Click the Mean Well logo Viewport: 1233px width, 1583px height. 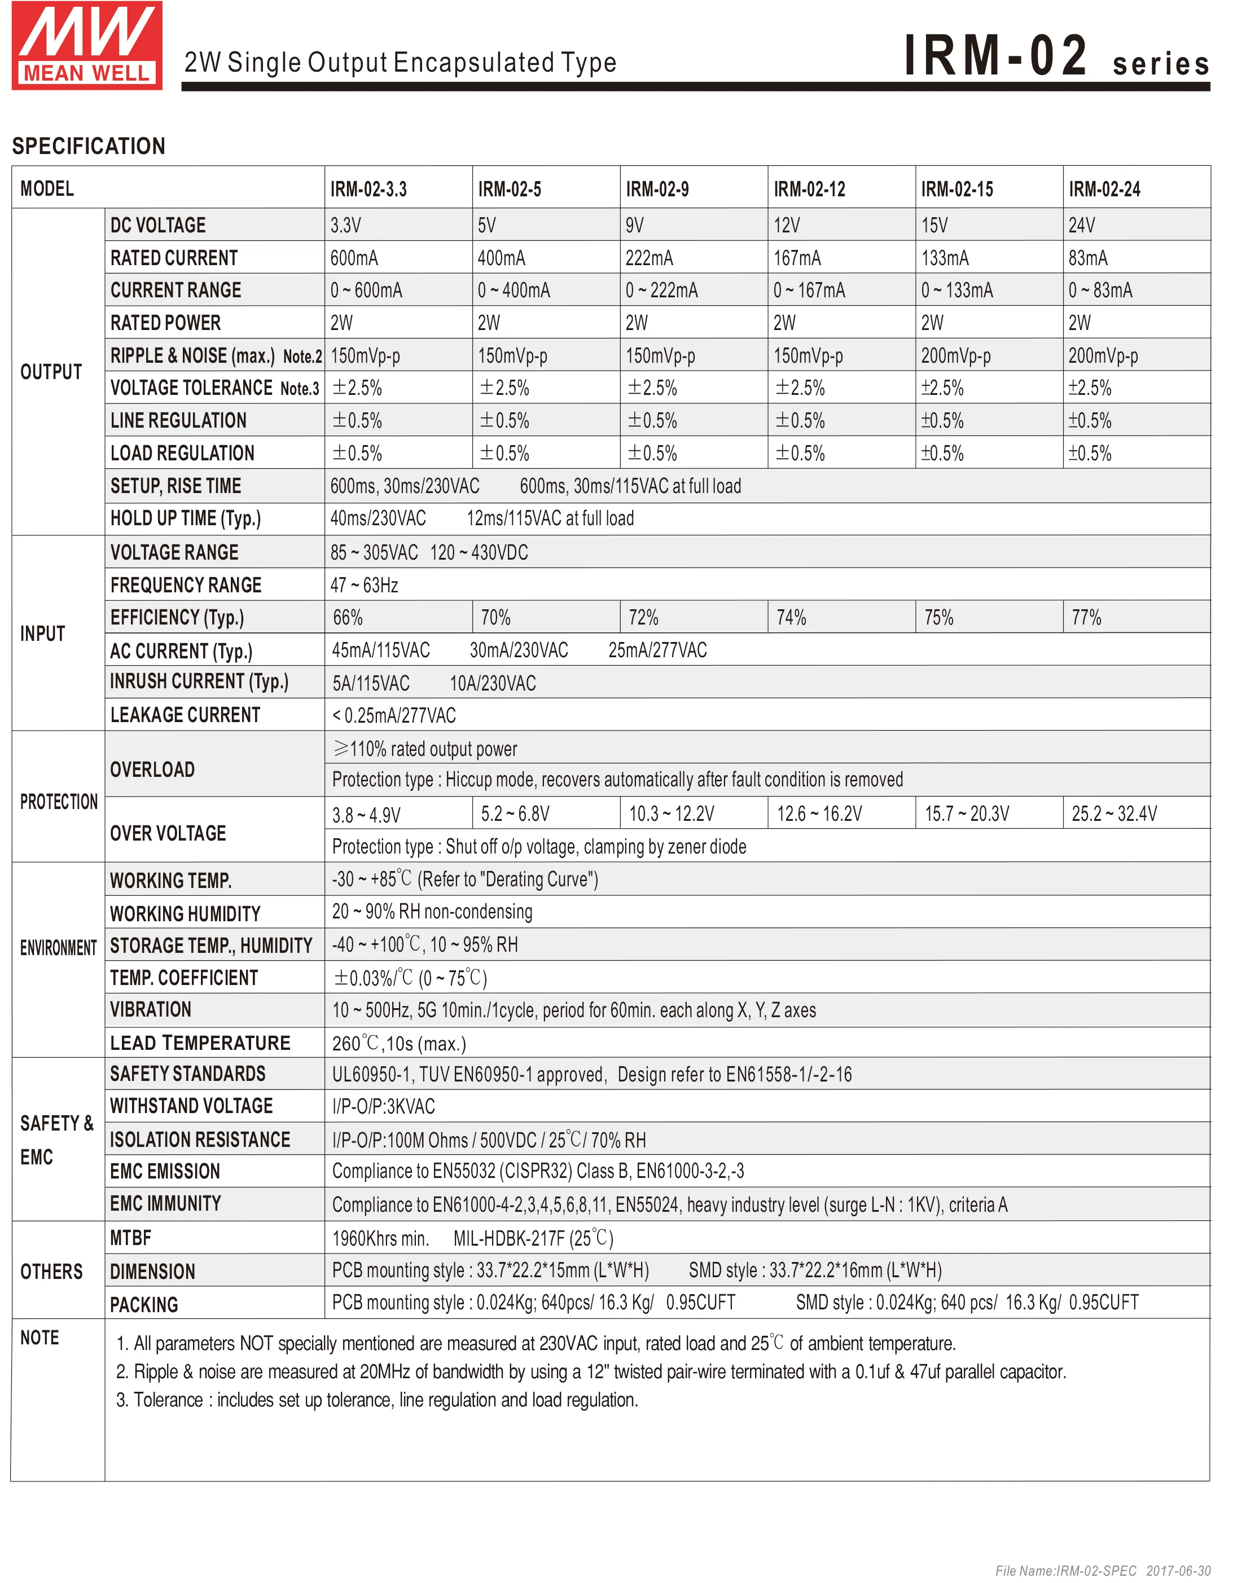[x=87, y=45]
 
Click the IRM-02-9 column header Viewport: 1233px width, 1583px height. [x=657, y=189]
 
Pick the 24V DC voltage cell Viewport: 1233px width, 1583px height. [x=1082, y=226]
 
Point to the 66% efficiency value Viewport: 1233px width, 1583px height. [x=348, y=618]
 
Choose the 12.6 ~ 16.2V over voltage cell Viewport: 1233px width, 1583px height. [x=819, y=814]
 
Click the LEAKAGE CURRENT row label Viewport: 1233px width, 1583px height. [x=185, y=715]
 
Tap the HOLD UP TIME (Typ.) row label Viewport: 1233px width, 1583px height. [x=186, y=518]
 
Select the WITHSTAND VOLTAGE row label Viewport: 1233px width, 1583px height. [x=191, y=1106]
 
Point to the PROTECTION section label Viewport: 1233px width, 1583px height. [x=59, y=802]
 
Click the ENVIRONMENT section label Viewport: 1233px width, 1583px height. [x=58, y=948]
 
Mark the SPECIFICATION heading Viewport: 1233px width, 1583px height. [x=89, y=146]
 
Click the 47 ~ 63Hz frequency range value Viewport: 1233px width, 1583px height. [x=365, y=585]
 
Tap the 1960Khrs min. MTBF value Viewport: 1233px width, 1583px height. [x=380, y=1239]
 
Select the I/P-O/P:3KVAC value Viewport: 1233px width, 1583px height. [x=384, y=1107]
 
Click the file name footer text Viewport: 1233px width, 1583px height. [x=1102, y=1571]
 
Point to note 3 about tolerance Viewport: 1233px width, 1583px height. [x=377, y=1400]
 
